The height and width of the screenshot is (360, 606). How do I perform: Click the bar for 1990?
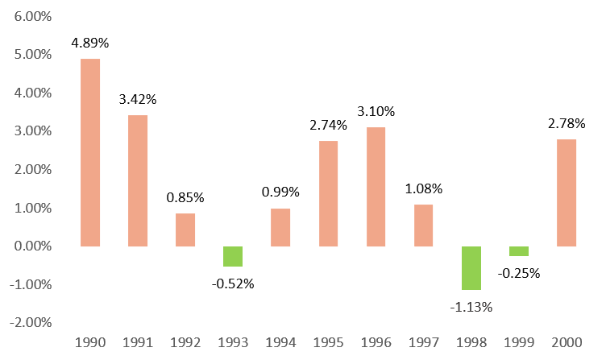[x=90, y=152]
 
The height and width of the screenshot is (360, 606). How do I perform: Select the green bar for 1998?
[x=471, y=267]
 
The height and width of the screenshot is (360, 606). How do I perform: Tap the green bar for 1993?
[x=233, y=256]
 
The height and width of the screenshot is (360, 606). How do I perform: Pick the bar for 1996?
[x=376, y=186]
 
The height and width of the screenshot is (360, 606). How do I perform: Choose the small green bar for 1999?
[x=519, y=250]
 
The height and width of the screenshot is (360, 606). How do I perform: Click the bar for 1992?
[x=185, y=230]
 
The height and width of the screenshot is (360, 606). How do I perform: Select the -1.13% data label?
[x=471, y=306]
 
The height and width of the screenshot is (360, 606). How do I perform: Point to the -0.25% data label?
[x=519, y=272]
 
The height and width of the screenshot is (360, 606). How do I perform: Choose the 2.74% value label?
[x=328, y=126]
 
